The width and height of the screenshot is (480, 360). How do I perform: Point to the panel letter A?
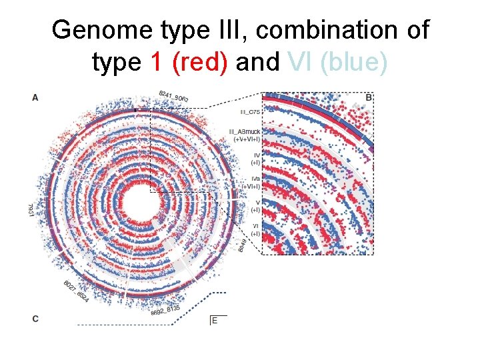pyautogui.click(x=35, y=98)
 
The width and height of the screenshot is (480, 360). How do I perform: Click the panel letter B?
pyautogui.click(x=369, y=98)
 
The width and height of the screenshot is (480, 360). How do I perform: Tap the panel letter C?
pyautogui.click(x=35, y=319)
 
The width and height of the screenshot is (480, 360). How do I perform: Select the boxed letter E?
pyautogui.click(x=215, y=321)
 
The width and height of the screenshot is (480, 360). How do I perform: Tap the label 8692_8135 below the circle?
pyautogui.click(x=167, y=310)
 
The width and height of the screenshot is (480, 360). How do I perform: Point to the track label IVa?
pyautogui.click(x=255, y=179)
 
